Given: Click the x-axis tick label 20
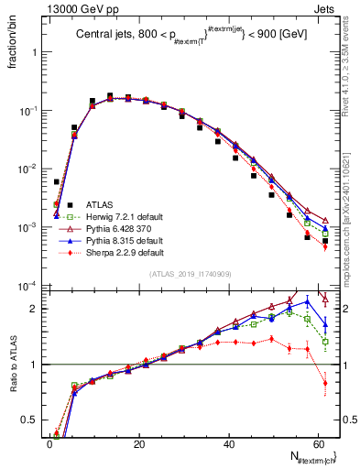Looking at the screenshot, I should click(x=139, y=444).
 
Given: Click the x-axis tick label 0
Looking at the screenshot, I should click(x=49, y=444).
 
